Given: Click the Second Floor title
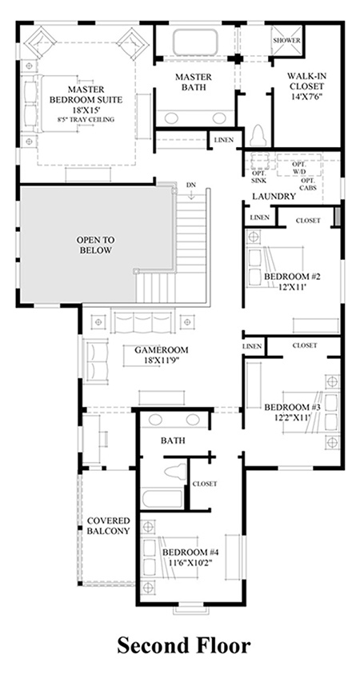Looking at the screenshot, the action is pyautogui.click(x=183, y=646).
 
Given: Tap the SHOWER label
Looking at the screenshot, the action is pyautogui.click(x=286, y=41).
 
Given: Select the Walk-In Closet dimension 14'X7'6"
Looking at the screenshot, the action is pyautogui.click(x=306, y=96).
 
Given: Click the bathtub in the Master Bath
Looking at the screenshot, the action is pyautogui.click(x=195, y=42).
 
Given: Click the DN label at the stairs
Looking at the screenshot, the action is pyautogui.click(x=191, y=185).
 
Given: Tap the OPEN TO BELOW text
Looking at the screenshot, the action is pyautogui.click(x=95, y=245).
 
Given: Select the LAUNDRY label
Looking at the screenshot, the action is pyautogui.click(x=274, y=197).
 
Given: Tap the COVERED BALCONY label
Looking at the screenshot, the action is pyautogui.click(x=108, y=525).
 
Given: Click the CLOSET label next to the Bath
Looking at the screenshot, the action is pyautogui.click(x=205, y=484).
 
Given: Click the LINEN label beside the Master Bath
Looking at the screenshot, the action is pyautogui.click(x=224, y=140).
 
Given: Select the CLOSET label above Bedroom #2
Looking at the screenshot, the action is pyautogui.click(x=308, y=221).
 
